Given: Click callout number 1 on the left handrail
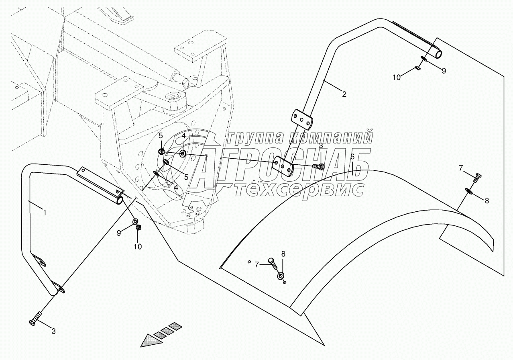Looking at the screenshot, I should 45,213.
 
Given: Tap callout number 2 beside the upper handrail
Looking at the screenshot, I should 344,94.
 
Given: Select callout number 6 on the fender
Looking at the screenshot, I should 352,156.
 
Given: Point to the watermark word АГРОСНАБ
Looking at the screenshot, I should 281,165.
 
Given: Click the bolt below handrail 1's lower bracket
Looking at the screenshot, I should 35,319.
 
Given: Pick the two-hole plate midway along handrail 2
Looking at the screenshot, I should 301,118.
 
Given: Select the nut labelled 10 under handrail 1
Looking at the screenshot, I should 139,228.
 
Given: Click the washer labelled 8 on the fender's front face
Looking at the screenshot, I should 280,276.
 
